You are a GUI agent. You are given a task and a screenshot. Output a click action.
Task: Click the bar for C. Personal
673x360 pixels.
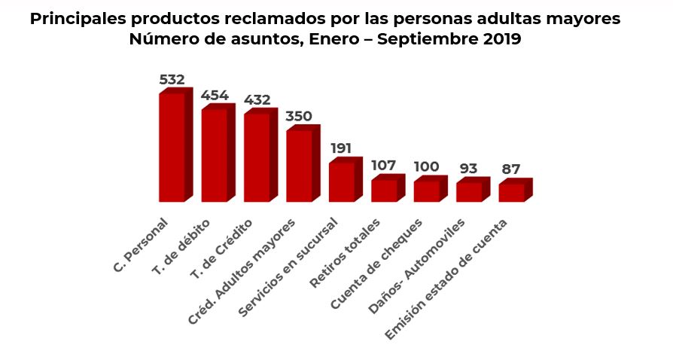[172, 147]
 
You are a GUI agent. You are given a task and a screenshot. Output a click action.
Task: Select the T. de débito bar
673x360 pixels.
[215, 155]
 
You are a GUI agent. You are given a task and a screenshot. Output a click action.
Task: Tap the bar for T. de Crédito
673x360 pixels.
[257, 157]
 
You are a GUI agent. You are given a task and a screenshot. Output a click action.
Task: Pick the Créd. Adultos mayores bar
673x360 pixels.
[299, 166]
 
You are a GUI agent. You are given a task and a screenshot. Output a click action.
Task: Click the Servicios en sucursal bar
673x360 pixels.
[342, 182]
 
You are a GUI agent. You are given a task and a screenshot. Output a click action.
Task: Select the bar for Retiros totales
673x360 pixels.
[384, 191]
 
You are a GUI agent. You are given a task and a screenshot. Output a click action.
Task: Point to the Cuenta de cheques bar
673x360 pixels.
[426, 191]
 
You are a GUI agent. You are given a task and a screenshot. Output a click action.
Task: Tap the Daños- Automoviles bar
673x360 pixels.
[469, 192]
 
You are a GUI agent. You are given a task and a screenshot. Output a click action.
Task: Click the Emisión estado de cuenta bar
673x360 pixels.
[511, 193]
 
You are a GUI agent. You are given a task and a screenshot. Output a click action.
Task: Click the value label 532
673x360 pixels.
[172, 79]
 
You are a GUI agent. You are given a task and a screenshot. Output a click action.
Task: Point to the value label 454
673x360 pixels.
[215, 95]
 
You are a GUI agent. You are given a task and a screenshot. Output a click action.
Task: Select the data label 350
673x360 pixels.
[299, 116]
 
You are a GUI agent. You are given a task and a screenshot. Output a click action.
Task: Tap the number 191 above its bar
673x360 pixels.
[341, 148]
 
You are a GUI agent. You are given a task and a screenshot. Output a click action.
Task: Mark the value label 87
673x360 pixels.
[511, 169]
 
